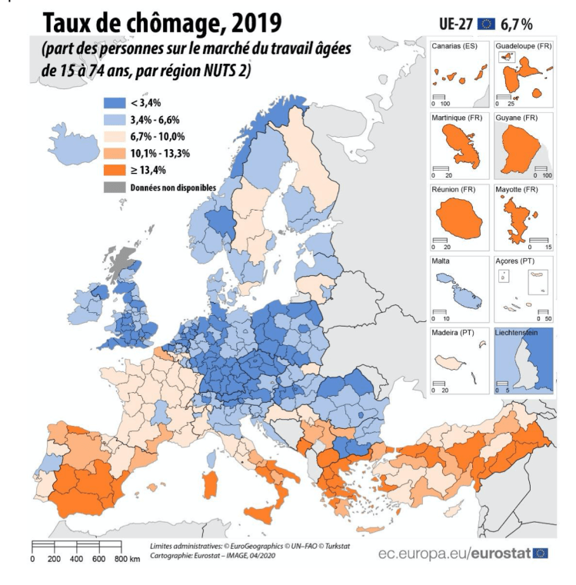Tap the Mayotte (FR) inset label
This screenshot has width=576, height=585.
[519, 190]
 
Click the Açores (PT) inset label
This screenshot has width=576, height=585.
[516, 261]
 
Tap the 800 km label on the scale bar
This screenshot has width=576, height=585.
[126, 559]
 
